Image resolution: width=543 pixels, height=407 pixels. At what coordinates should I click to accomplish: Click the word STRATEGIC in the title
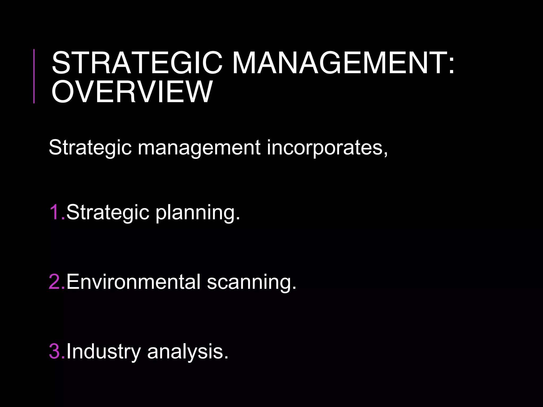(x=137, y=63)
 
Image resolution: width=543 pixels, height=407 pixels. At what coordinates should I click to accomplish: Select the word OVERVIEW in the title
(x=132, y=92)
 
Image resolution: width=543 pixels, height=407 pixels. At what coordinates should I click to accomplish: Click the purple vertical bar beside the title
(x=34, y=76)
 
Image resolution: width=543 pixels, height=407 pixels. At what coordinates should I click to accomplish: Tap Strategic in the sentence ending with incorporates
(x=90, y=148)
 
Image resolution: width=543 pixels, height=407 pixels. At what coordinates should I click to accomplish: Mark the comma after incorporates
(x=385, y=153)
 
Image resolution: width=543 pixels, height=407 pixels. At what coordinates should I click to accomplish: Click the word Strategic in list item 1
(x=108, y=213)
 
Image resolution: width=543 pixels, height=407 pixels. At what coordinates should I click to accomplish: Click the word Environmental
(x=133, y=282)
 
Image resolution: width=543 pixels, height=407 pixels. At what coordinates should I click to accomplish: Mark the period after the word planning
(x=238, y=219)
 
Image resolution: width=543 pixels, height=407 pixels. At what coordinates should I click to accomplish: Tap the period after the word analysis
(x=226, y=358)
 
